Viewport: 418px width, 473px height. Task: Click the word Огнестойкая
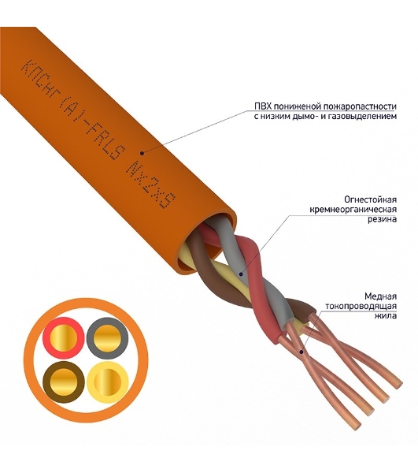click(x=371, y=199)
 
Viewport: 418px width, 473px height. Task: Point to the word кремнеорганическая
click(x=353, y=210)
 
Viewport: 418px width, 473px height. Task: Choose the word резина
click(x=382, y=219)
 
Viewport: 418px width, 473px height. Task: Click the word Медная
click(x=380, y=296)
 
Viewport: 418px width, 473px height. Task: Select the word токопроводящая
click(x=361, y=306)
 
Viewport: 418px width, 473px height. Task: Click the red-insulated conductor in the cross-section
click(x=64, y=338)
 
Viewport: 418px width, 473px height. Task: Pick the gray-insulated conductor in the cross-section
click(x=107, y=338)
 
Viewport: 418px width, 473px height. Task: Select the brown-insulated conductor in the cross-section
click(x=64, y=382)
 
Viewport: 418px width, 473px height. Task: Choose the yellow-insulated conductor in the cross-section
click(x=108, y=382)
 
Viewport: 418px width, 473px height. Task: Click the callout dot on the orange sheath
click(x=143, y=153)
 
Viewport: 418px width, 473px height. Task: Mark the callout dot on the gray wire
click(x=241, y=274)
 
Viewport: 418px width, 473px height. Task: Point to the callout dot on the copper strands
click(x=301, y=352)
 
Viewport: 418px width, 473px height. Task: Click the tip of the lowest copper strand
click(x=357, y=426)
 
